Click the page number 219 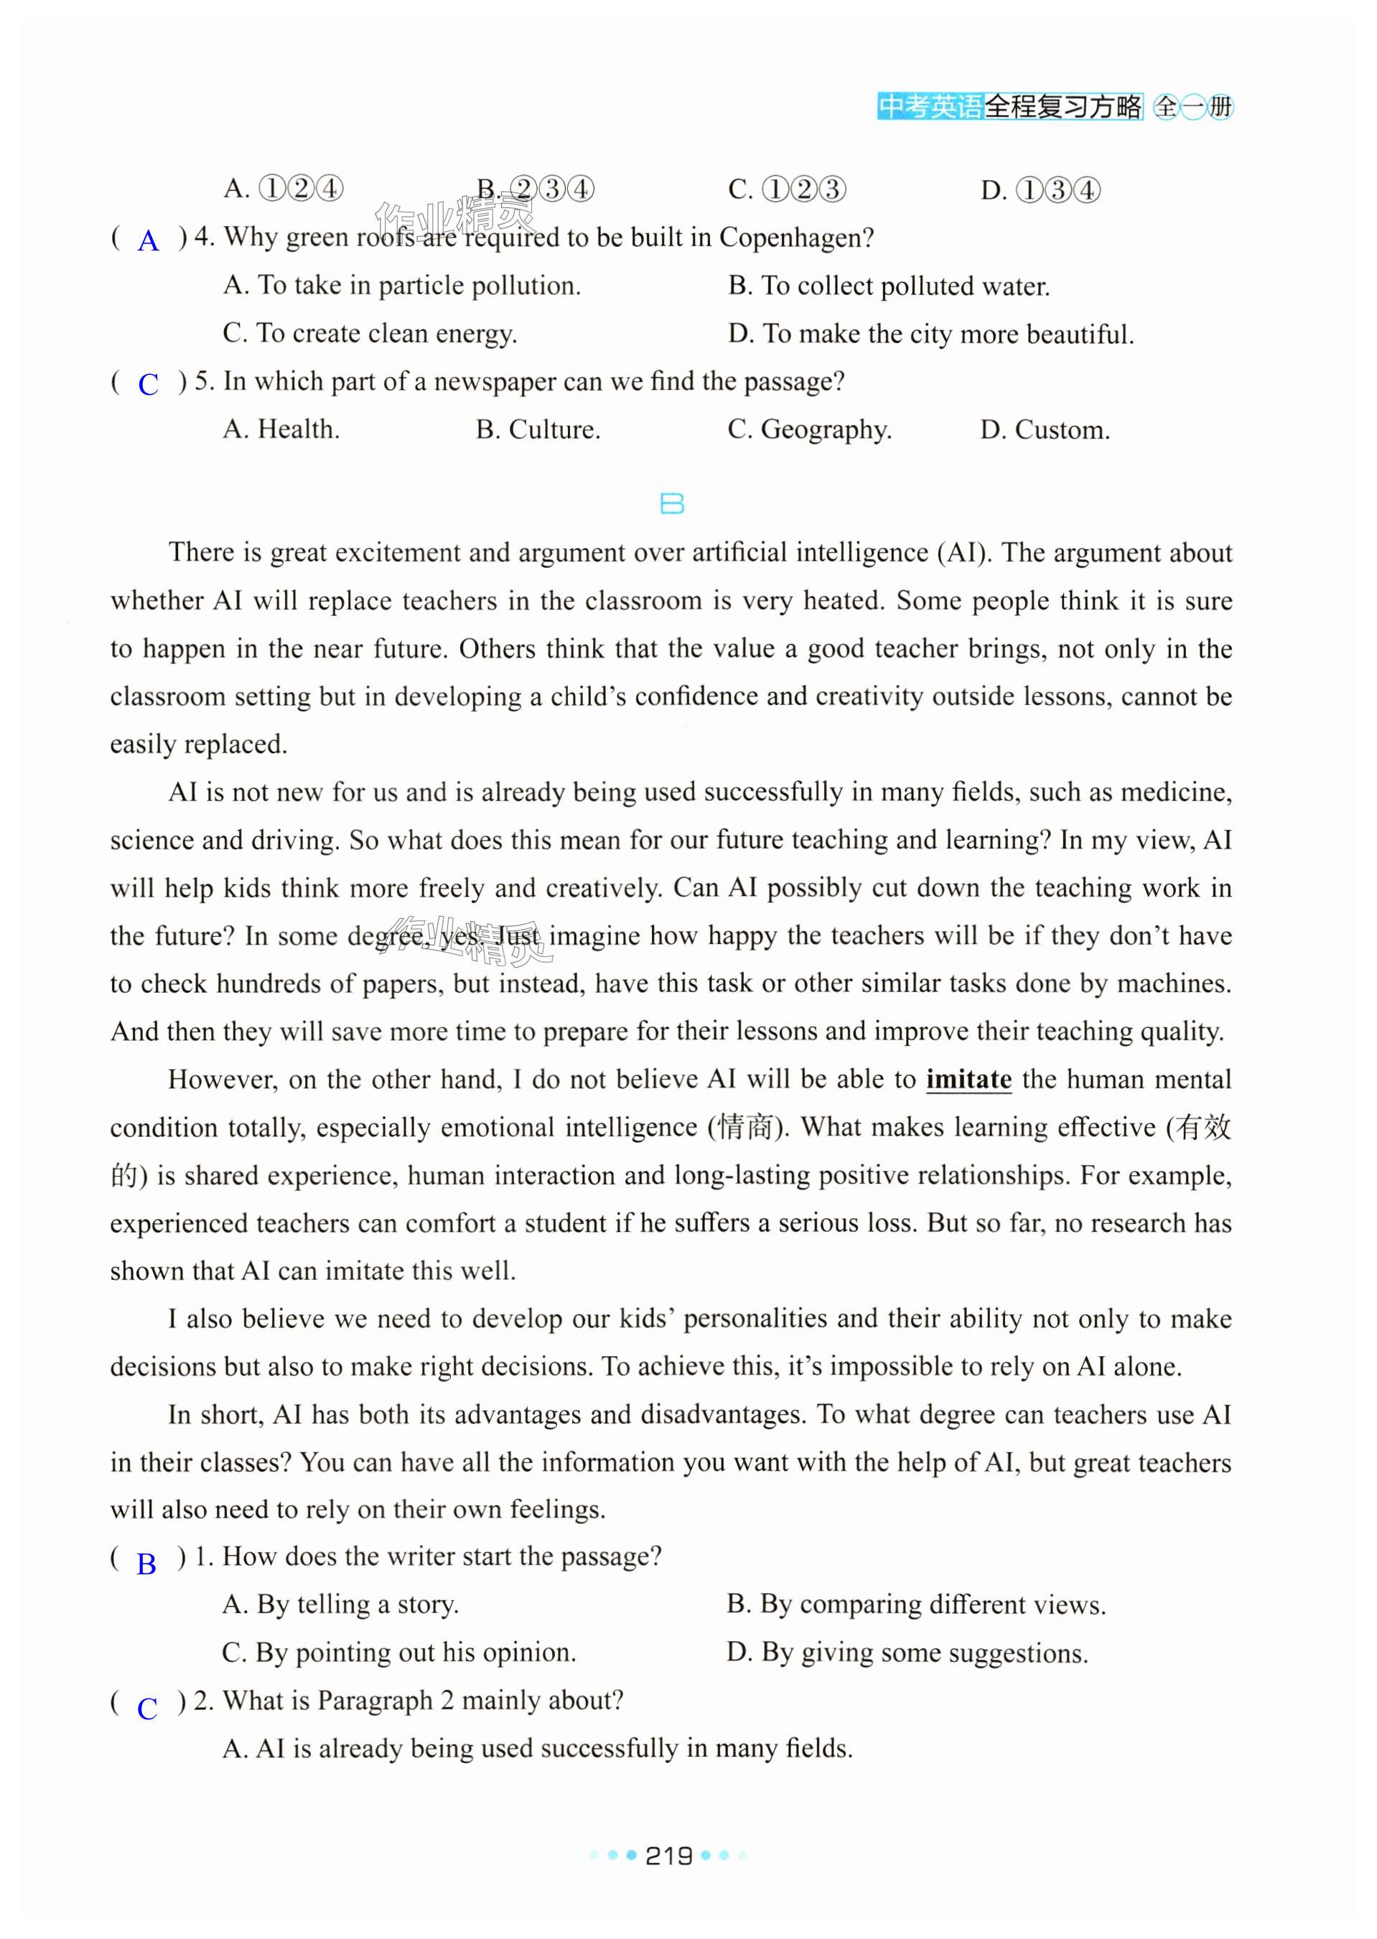(x=669, y=1856)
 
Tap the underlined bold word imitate (x=968, y=1079)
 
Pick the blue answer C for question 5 (x=149, y=384)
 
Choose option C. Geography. (x=809, y=430)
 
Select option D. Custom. (x=1045, y=430)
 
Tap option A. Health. (x=281, y=430)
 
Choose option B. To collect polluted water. (x=889, y=286)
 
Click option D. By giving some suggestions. (x=907, y=1653)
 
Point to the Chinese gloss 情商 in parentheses (x=746, y=1128)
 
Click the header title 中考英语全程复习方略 (x=1009, y=107)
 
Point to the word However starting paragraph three (x=221, y=1079)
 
